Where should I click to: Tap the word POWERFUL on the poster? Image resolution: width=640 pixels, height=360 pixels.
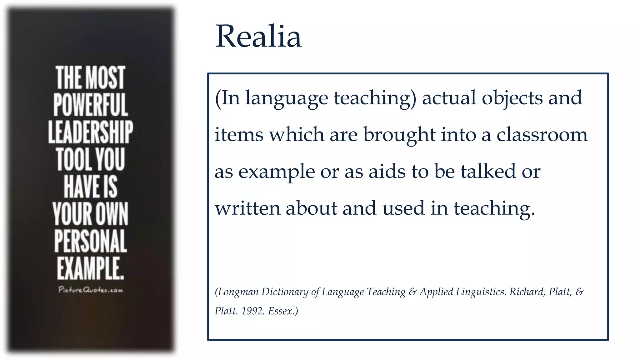90,105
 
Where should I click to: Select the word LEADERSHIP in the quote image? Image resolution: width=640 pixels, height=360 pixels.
90,132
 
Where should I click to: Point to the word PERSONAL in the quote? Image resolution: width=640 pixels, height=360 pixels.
90,241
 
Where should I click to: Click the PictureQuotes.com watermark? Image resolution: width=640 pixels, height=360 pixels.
90,290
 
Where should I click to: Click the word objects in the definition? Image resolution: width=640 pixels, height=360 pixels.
512,98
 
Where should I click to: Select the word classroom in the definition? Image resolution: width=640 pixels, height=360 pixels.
542,135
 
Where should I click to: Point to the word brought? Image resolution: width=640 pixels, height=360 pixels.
399,135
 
